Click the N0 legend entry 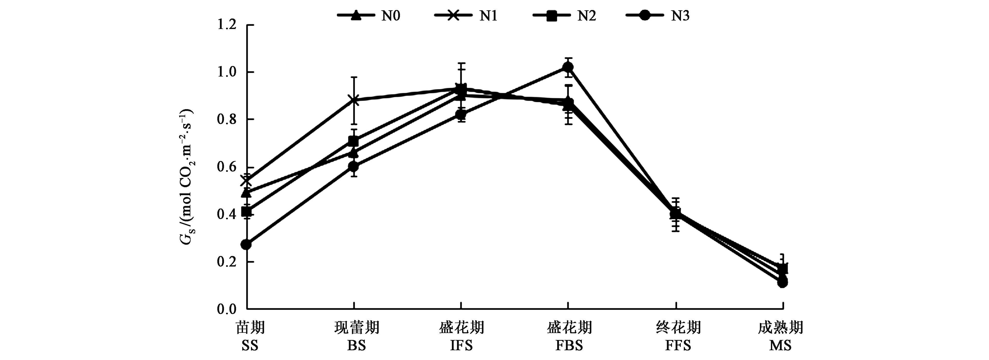[x=369, y=16]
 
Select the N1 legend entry [x=466, y=16]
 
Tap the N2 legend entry [x=564, y=16]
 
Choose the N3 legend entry [x=658, y=16]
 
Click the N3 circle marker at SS [x=246, y=244]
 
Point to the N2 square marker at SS [x=246, y=212]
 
